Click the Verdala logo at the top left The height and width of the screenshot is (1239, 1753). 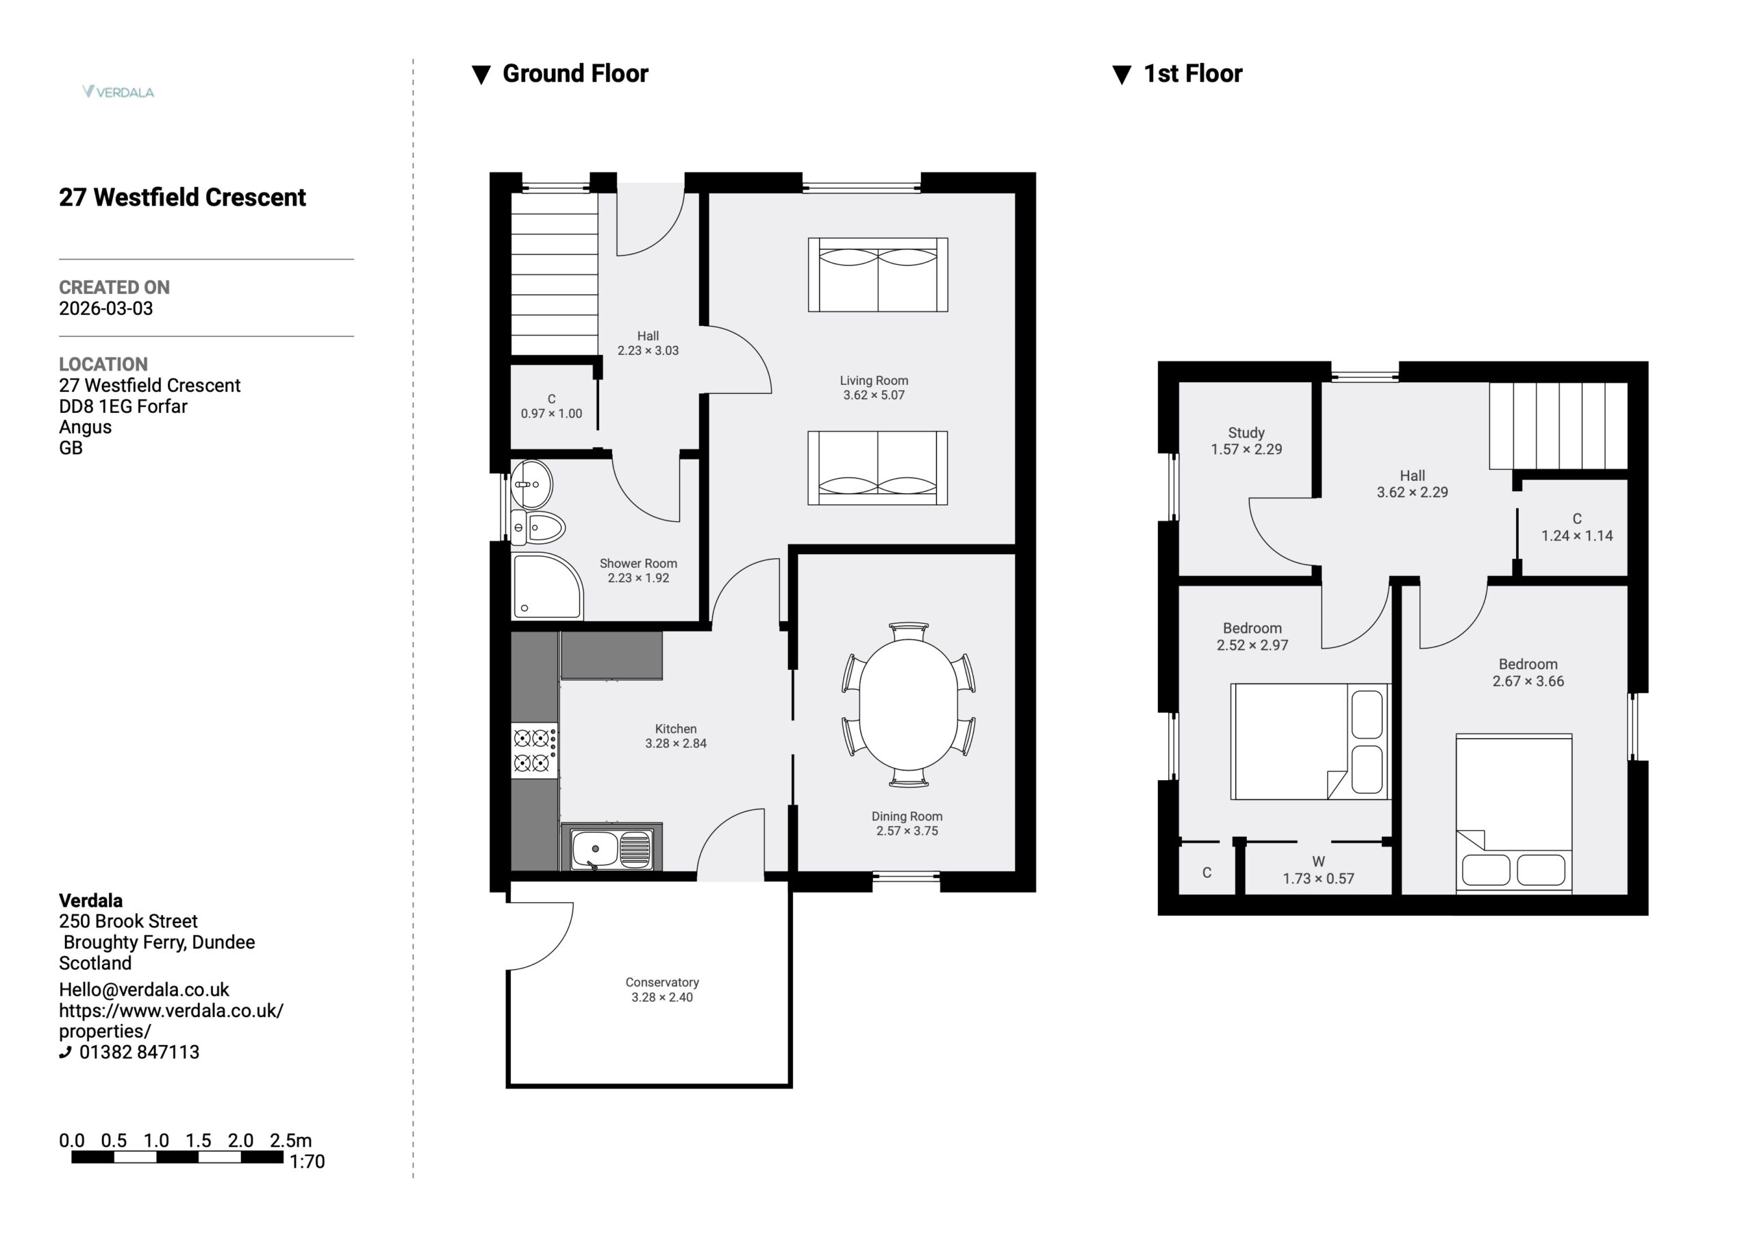tap(118, 92)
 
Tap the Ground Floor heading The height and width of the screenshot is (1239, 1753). tap(575, 73)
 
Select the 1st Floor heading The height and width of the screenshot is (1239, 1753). tap(1193, 73)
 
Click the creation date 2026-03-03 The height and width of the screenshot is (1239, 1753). tap(106, 309)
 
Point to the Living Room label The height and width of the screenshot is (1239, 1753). tap(874, 380)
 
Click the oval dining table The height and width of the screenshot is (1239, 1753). tap(909, 704)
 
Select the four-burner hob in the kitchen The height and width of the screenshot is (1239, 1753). tap(533, 750)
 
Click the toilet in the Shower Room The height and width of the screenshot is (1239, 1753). tap(538, 528)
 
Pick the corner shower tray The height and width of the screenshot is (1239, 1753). tap(546, 586)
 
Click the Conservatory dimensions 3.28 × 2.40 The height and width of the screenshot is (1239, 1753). tap(662, 997)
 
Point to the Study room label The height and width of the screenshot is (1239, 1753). tap(1246, 432)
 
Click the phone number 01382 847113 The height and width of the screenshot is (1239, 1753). tap(139, 1052)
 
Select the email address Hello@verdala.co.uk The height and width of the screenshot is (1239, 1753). tap(144, 990)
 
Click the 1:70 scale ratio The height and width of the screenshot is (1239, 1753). tap(307, 1162)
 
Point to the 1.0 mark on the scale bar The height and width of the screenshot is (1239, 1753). tap(157, 1140)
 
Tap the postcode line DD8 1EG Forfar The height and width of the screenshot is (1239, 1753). tap(123, 406)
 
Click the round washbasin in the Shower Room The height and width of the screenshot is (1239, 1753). tap(531, 484)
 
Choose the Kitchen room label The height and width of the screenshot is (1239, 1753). tap(676, 729)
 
